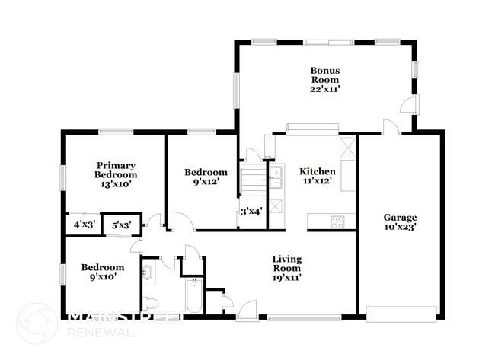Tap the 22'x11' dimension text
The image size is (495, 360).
click(324, 88)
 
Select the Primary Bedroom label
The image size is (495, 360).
click(116, 170)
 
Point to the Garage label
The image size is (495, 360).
click(400, 216)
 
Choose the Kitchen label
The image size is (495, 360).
click(317, 171)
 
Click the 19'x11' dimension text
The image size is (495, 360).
click(287, 277)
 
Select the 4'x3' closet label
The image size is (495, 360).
click(84, 225)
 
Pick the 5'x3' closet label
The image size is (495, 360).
click(122, 225)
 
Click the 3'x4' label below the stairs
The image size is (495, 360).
click(251, 212)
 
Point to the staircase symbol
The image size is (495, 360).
click(253, 181)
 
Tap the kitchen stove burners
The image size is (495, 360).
click(337, 221)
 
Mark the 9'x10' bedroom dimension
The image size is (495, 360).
click(103, 277)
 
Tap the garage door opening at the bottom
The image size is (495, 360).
click(401, 314)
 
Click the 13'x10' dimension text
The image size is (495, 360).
click(116, 183)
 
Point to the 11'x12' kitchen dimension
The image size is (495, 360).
click(317, 182)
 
